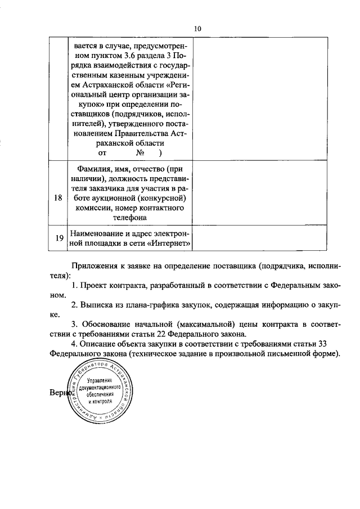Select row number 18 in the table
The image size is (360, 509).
click(58, 198)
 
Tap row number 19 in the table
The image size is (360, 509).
click(58, 238)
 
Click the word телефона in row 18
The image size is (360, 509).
click(129, 217)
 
